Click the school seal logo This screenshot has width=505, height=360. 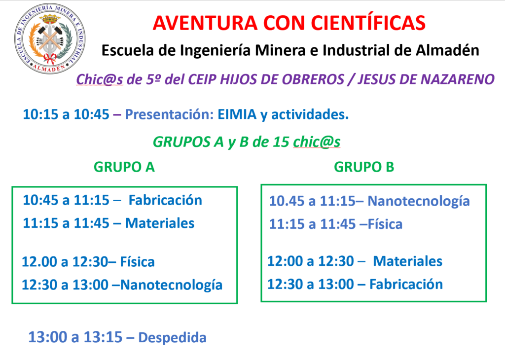tap(50, 38)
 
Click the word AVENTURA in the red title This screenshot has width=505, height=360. tap(205, 23)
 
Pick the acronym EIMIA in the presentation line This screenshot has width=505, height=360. tap(237, 114)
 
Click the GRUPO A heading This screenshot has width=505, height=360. tap(124, 167)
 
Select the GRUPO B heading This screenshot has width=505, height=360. tap(364, 167)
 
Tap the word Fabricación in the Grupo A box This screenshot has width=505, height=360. tap(165, 200)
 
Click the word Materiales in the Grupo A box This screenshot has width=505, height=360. tap(160, 223)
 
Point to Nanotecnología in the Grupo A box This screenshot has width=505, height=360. tap(171, 286)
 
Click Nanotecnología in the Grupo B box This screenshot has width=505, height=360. tap(419, 202)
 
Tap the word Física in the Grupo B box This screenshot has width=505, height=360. tap(385, 224)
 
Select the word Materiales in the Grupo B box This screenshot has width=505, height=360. tap(408, 261)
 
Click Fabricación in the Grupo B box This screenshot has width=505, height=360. tap(406, 285)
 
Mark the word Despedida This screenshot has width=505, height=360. tap(172, 337)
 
